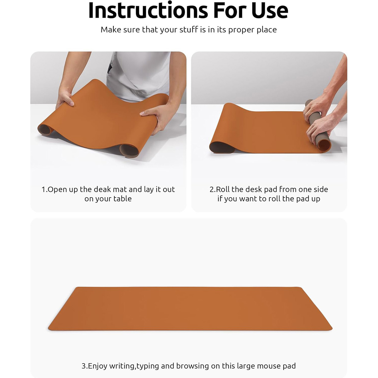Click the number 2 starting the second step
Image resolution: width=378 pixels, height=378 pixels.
coord(211,190)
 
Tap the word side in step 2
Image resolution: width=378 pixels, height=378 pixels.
coord(321,189)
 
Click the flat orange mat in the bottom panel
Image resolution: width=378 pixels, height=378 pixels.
coord(190,309)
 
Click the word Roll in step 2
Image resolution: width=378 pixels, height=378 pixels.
coord(223,189)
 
